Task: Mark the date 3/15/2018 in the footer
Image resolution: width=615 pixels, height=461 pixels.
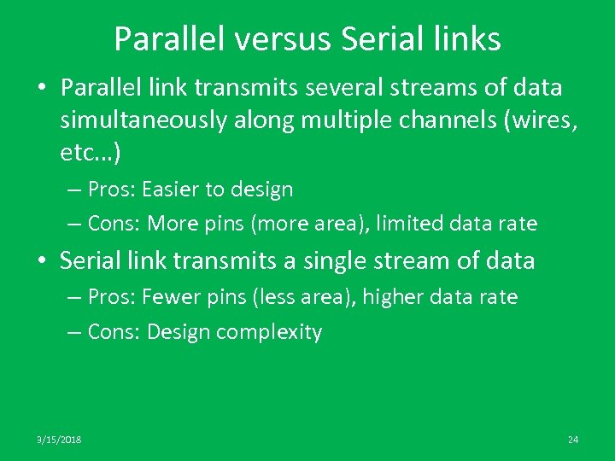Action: click(59, 440)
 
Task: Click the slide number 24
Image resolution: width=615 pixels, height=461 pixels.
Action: click(573, 440)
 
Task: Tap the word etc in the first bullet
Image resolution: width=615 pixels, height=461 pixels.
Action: click(80, 153)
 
